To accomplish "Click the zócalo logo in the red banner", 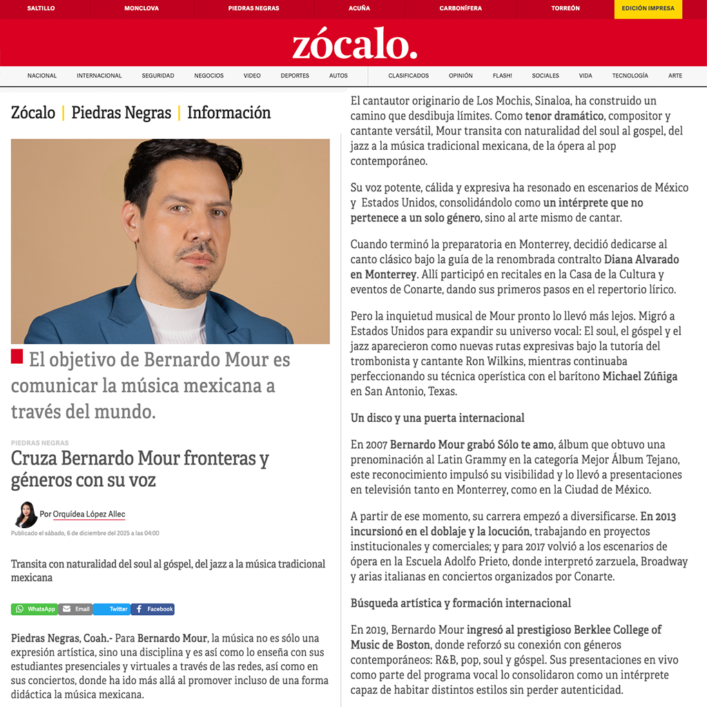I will pyautogui.click(x=354, y=45).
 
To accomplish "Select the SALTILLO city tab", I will pyautogui.click(x=41, y=8).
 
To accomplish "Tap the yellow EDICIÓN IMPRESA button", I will pyautogui.click(x=648, y=8).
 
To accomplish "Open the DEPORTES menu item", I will pyautogui.click(x=295, y=76).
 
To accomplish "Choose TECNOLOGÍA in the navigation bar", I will pyautogui.click(x=630, y=76).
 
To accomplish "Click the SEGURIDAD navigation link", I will pyautogui.click(x=158, y=76).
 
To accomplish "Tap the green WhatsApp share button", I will pyautogui.click(x=35, y=609).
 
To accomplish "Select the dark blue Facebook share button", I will pyautogui.click(x=153, y=609).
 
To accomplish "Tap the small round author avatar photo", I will pyautogui.click(x=26, y=514).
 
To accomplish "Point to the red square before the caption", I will pyautogui.click(x=17, y=357).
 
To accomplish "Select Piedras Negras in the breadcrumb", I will pyautogui.click(x=121, y=113).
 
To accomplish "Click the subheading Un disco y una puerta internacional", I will pyautogui.click(x=437, y=418).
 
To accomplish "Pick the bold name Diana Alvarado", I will pyautogui.click(x=641, y=260).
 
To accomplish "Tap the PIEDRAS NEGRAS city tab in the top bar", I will pyautogui.click(x=253, y=8).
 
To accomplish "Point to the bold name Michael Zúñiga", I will pyautogui.click(x=640, y=376).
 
